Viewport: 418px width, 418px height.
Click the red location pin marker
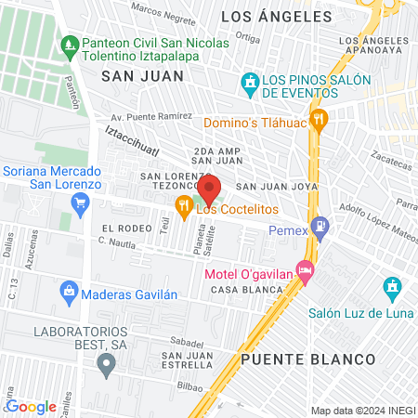point(209,189)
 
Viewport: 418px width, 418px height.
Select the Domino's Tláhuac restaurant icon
point(319,118)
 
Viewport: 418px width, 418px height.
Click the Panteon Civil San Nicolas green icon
point(70,44)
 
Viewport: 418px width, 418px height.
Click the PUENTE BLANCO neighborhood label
point(307,359)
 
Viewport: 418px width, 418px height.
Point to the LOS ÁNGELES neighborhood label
point(276,17)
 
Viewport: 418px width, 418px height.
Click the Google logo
point(32,406)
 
